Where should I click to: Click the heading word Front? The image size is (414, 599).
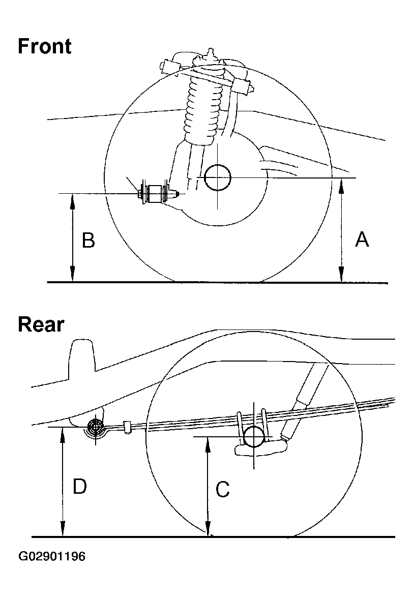(x=45, y=46)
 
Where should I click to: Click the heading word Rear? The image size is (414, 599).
(x=41, y=324)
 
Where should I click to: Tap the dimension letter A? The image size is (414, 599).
(x=362, y=239)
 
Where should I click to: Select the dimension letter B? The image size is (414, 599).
(x=88, y=240)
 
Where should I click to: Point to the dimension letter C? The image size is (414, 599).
(x=223, y=490)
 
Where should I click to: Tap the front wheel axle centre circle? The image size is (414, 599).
(x=217, y=177)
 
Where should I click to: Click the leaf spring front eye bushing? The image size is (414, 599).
(x=95, y=428)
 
